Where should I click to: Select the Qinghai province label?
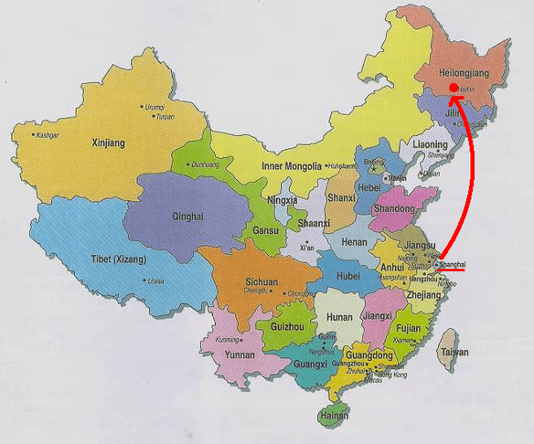click(180, 217)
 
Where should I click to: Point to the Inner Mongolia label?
click(291, 166)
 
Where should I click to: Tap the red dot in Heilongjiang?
click(454, 89)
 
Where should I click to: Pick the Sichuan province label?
click(261, 282)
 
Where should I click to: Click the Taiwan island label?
click(454, 352)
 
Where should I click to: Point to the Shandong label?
click(394, 208)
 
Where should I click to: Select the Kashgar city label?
click(48, 135)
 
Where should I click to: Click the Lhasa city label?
click(155, 281)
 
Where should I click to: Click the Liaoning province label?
click(430, 144)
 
